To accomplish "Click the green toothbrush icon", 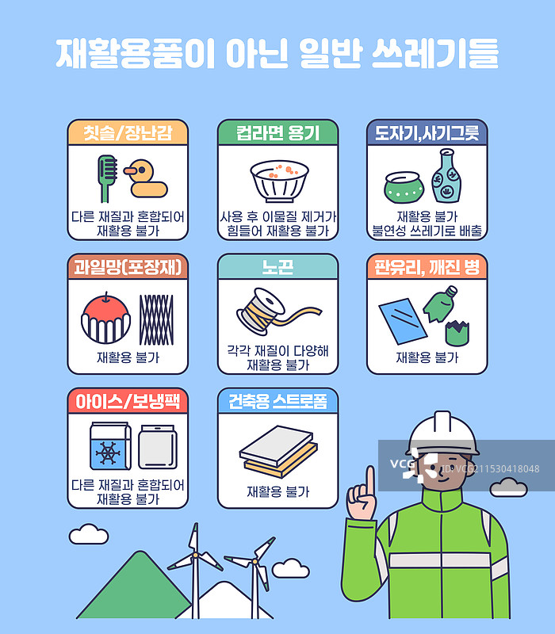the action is [106, 178].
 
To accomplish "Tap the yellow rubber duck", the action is [146, 179].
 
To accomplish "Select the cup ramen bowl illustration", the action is [279, 181].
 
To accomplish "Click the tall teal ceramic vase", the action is [446, 175].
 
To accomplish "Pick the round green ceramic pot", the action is [404, 188].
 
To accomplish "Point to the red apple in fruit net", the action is [106, 318].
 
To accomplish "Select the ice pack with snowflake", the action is [110, 446].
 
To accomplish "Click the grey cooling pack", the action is [158, 447].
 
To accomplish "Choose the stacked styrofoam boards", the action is [278, 451].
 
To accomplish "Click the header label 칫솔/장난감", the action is [128, 133].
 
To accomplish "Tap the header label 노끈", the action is [277, 267].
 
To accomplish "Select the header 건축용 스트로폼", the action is [277, 402].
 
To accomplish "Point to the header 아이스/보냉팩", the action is [128, 402].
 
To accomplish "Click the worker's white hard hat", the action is [442, 433].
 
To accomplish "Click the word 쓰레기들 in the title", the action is [434, 53].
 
